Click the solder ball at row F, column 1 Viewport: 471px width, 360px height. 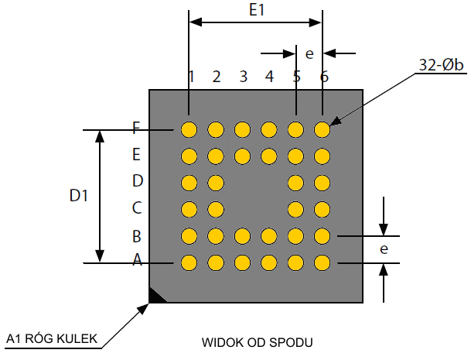189,129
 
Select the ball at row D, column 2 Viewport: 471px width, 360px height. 216,183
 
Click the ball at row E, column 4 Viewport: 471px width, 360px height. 269,156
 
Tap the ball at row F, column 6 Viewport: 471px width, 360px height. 323,129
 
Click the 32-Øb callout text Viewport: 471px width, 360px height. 441,67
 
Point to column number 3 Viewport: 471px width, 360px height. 243,77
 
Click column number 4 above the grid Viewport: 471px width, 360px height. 269,77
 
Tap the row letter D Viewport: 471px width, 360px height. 137,181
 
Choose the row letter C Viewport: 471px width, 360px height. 137,207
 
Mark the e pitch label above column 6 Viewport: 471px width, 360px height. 309,53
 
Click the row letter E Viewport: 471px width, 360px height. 137,155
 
